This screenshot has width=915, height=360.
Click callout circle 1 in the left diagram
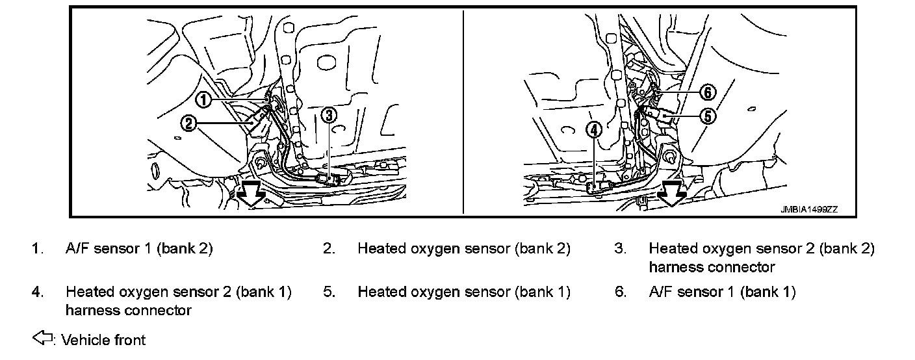(x=203, y=99)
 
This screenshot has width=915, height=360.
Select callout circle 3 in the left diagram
(x=329, y=115)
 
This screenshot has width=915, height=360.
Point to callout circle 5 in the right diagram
(x=708, y=116)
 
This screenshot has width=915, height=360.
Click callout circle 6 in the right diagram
(x=708, y=93)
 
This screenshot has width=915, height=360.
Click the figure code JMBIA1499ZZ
(x=809, y=209)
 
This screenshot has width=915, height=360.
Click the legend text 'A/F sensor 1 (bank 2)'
(x=139, y=248)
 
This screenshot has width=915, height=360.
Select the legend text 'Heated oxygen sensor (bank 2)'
(x=463, y=248)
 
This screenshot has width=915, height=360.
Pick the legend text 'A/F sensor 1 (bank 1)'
(x=722, y=292)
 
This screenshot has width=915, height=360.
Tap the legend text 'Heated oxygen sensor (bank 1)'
(x=463, y=292)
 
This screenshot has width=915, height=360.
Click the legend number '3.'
(x=621, y=248)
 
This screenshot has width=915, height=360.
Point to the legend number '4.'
(x=38, y=292)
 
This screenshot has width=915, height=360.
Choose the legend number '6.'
(x=621, y=292)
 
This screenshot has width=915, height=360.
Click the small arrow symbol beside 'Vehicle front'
(x=42, y=339)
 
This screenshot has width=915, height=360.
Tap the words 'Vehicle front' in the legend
(x=103, y=339)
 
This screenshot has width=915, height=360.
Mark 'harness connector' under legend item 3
(x=712, y=266)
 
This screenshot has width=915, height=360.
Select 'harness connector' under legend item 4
(x=128, y=310)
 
